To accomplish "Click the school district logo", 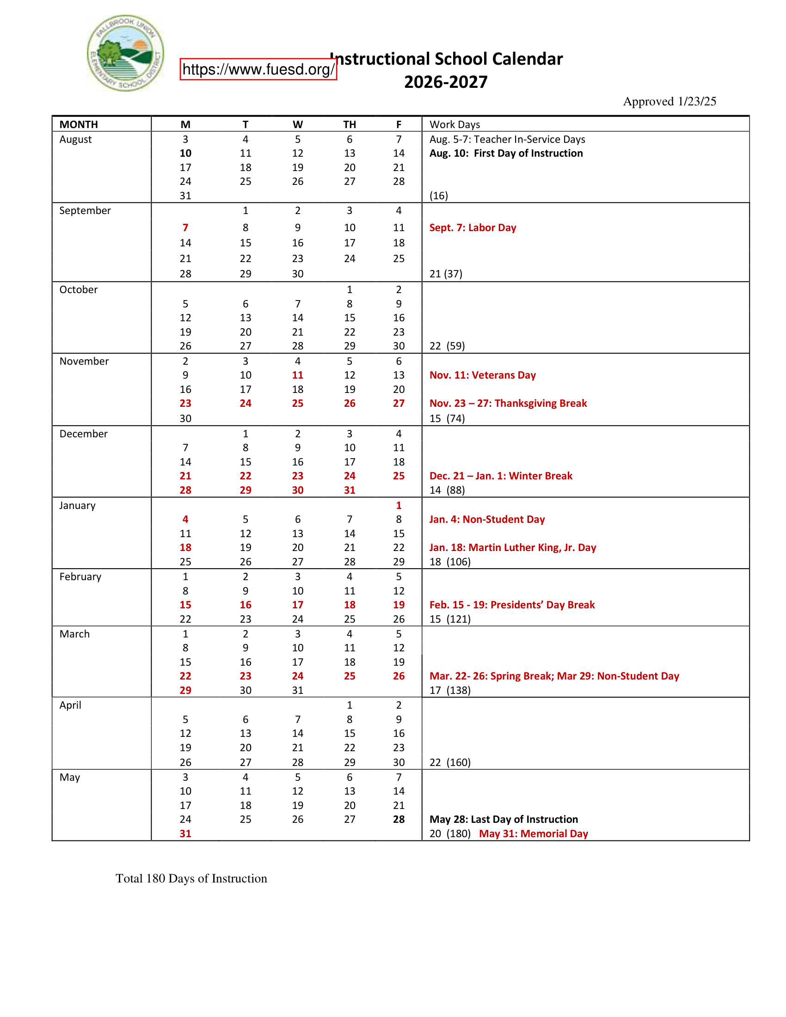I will click(x=125, y=53).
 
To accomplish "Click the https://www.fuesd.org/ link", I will click(x=258, y=69).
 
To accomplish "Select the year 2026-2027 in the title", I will click(x=446, y=82).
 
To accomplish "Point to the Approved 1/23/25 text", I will click(x=669, y=102).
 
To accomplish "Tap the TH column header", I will click(x=349, y=124).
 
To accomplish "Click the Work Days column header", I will click(x=454, y=124).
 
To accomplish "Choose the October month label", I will click(x=78, y=290).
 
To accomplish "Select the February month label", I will click(x=80, y=576).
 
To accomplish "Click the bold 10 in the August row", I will click(x=185, y=153).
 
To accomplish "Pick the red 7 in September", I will click(x=185, y=228).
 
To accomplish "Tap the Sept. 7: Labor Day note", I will click(x=473, y=228).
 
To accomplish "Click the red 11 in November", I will click(x=298, y=375).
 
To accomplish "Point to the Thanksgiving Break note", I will click(x=508, y=403).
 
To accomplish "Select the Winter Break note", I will click(x=501, y=476).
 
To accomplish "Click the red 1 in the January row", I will click(x=399, y=505).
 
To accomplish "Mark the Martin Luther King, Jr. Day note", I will click(x=513, y=548).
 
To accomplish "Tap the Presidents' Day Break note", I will click(x=512, y=605).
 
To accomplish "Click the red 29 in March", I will click(x=185, y=690).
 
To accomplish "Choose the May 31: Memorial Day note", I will click(x=533, y=833).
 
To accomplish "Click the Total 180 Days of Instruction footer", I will click(x=191, y=878).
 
